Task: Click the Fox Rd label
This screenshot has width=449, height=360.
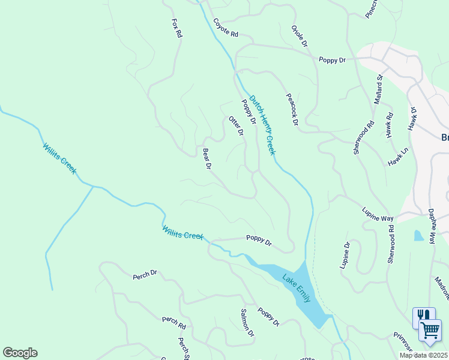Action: [176, 28]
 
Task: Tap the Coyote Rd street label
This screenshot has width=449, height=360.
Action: [225, 28]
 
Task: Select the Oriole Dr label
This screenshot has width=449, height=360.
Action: [299, 37]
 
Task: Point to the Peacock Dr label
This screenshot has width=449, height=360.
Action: [292, 109]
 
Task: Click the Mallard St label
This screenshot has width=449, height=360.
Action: [378, 89]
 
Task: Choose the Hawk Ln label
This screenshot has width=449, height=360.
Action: [397, 158]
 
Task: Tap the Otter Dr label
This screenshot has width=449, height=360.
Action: [237, 126]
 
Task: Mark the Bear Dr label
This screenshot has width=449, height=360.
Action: [207, 158]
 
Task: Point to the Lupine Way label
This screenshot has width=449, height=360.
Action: [377, 214]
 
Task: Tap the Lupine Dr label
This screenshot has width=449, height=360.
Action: [346, 256]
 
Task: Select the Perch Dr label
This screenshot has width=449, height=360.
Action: [145, 275]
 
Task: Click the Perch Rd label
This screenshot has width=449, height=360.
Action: [173, 323]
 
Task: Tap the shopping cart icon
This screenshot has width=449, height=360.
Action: [430, 330]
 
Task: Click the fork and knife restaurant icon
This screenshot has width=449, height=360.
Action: [424, 316]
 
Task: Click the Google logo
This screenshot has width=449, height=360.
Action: [20, 353]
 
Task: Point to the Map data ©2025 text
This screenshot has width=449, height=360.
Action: [423, 355]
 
